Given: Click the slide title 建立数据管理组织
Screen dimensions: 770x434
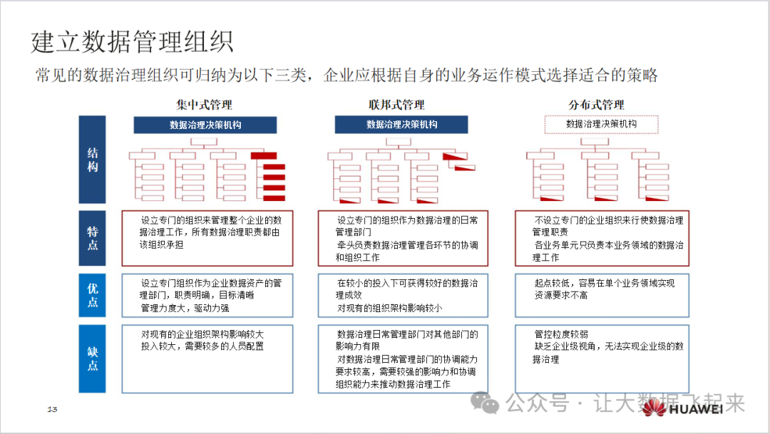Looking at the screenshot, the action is tap(132, 42).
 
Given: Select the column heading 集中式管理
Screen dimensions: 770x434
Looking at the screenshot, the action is tap(205, 105).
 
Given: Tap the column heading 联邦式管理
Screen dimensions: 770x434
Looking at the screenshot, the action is tap(397, 105).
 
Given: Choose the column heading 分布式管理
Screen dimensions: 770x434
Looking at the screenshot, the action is tap(596, 105).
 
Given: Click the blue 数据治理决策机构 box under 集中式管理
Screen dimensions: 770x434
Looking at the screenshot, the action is tap(205, 125).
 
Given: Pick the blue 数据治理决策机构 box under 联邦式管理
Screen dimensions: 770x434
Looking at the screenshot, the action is tap(401, 125).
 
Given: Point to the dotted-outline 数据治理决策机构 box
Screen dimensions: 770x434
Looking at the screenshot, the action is tap(601, 125).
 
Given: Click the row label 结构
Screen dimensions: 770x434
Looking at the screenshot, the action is tap(93, 160).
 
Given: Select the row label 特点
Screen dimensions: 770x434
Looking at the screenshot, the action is tap(93, 238).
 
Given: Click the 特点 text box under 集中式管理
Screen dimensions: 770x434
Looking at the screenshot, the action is tap(207, 238).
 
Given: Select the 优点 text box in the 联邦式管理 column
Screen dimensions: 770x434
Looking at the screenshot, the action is tap(403, 295).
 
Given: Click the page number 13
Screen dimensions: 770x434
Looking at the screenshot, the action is tap(52, 409).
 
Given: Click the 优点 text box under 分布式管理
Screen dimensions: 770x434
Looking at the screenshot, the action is tap(602, 295).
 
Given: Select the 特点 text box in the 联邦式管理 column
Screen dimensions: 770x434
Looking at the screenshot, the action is tap(403, 238).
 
